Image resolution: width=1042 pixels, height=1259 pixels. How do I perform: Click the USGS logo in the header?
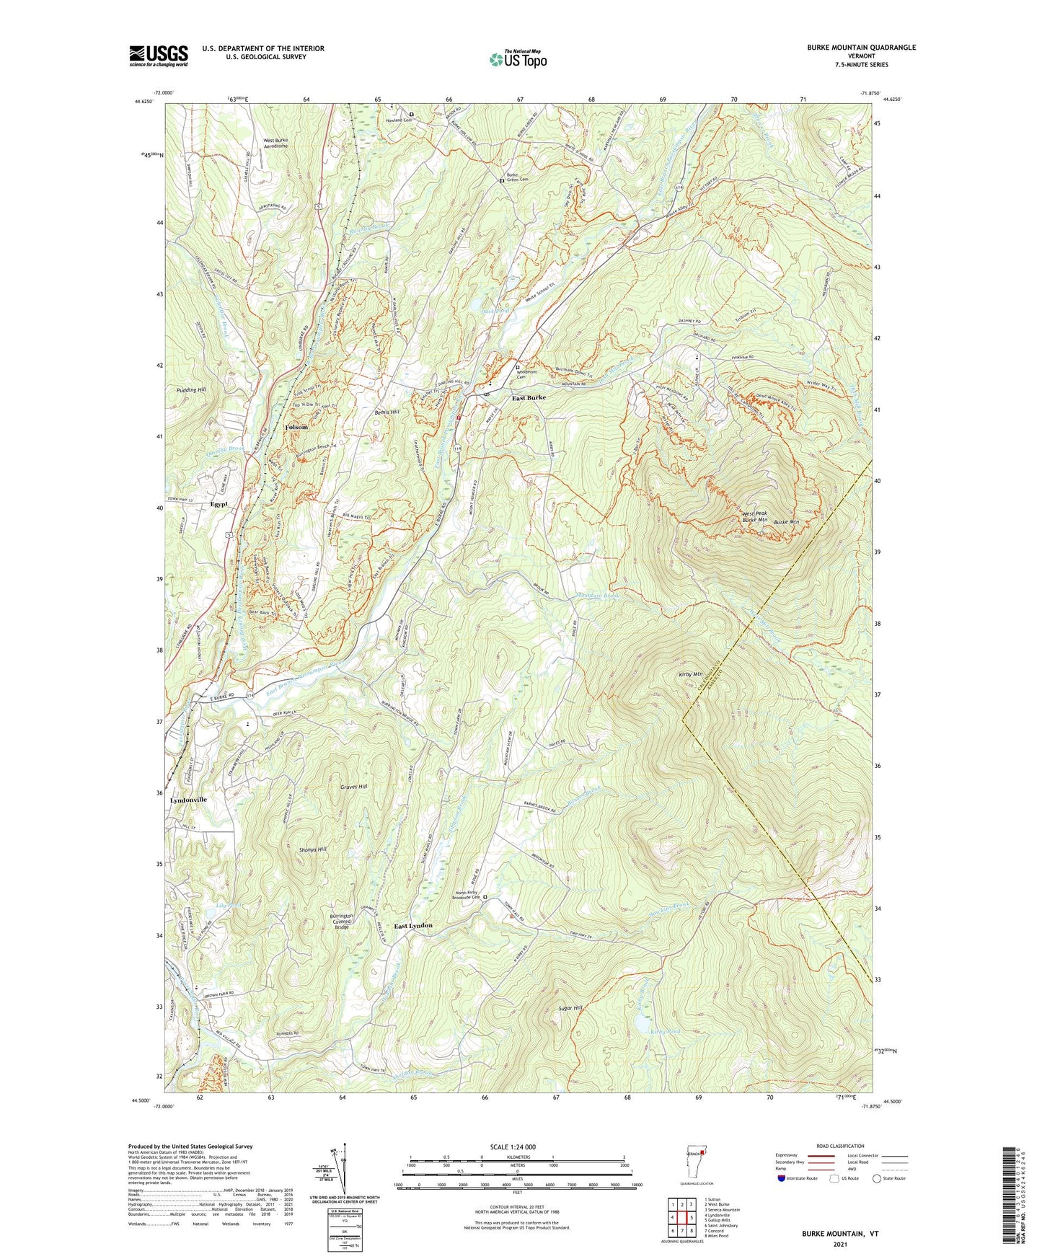(x=158, y=56)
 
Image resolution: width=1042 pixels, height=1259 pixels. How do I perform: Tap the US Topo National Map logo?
(x=517, y=59)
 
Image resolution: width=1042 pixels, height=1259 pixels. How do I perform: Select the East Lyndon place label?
(x=413, y=925)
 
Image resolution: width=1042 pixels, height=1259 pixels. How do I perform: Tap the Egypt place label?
(x=219, y=504)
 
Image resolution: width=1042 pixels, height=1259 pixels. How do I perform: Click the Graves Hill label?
(x=353, y=787)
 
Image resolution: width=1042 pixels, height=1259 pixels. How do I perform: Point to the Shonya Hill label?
(x=313, y=849)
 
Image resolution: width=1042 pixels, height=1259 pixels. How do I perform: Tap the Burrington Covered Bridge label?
(x=342, y=921)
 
